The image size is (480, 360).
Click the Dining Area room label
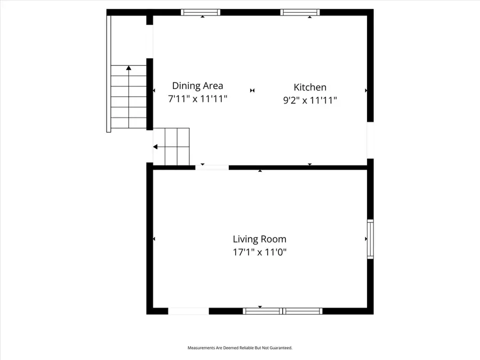(197, 85)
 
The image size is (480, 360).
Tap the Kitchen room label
(310, 87)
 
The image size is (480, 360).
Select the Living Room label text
(259, 239)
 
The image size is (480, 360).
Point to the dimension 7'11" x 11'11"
(198, 99)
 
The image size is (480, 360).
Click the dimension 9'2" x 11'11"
(310, 100)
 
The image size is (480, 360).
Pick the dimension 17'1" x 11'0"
(260, 253)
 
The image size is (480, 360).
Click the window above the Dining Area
(201, 12)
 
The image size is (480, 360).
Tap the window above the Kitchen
(300, 12)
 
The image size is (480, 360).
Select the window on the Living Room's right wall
(370, 239)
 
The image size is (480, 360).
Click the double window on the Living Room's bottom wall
(283, 311)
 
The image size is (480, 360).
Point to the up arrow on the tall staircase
(129, 68)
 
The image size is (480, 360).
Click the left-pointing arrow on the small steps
(156, 147)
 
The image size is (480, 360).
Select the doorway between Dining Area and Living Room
(212, 167)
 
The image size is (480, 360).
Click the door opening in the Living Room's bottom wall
(188, 311)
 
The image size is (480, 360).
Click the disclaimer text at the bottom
(239, 348)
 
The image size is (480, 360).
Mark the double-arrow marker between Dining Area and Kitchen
(252, 91)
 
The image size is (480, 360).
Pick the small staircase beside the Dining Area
(177, 147)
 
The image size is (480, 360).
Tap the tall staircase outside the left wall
(129, 97)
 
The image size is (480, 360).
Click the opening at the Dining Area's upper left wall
(150, 42)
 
